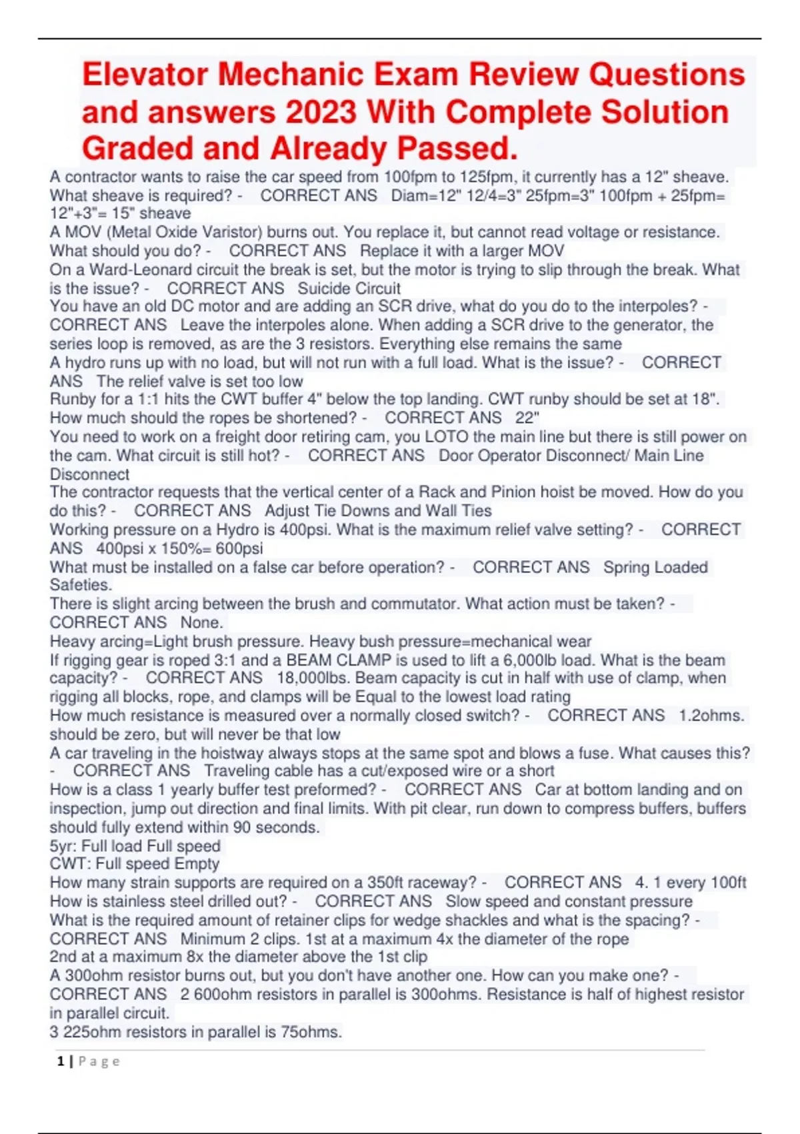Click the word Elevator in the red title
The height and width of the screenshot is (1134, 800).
(144, 74)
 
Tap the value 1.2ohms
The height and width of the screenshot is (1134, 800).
(711, 716)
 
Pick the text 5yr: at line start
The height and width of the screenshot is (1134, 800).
(63, 846)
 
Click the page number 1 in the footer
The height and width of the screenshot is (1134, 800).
(61, 1061)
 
